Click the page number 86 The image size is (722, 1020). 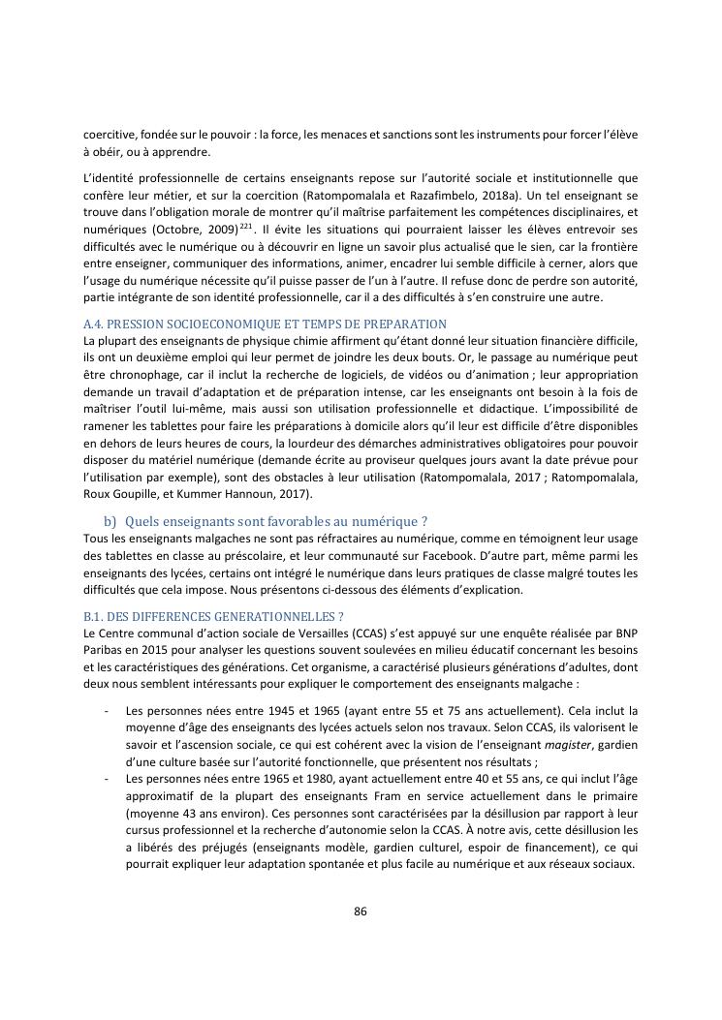point(361,911)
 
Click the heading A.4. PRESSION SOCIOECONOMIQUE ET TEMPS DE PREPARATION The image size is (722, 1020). point(265,324)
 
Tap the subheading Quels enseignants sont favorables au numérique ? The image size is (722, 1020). point(276,521)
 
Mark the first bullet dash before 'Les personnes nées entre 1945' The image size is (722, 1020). point(105,709)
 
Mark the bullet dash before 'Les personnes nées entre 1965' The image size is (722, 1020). point(105,779)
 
